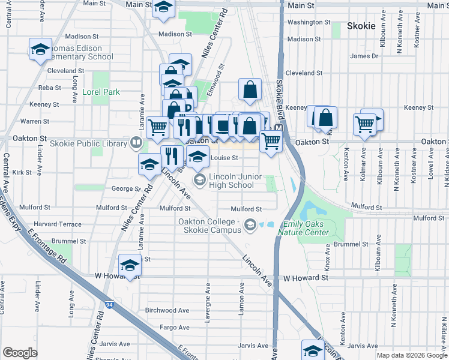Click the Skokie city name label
(361, 26)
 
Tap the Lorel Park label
(102, 92)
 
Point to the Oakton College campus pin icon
(250, 225)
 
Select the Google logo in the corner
(20, 353)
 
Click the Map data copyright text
(412, 355)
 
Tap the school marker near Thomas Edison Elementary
(40, 50)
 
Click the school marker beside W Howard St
(129, 266)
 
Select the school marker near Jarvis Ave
(312, 350)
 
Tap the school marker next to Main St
(163, 8)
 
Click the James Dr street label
(364, 56)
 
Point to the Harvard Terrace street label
(62, 224)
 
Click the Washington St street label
(306, 22)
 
